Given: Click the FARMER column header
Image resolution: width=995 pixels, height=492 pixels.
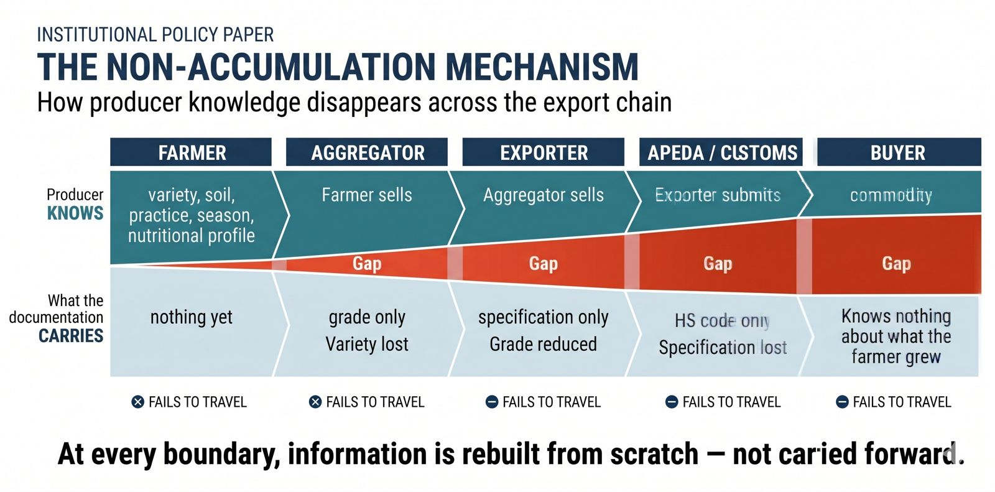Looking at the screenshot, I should click(x=192, y=152).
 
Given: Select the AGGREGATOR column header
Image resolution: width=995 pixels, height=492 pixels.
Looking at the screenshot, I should click(x=368, y=152).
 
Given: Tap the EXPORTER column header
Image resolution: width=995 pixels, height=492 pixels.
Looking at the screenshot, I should click(x=544, y=152).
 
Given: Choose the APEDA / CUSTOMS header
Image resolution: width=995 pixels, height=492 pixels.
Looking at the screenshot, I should click(x=722, y=152).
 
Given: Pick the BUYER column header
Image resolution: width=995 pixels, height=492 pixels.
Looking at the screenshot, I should click(x=897, y=152).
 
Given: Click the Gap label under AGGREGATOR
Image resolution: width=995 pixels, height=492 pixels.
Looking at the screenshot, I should click(x=367, y=263).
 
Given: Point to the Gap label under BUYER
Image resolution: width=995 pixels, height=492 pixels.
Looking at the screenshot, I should click(x=896, y=263).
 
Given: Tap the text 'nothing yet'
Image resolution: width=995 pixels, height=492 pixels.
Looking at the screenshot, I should click(x=191, y=317).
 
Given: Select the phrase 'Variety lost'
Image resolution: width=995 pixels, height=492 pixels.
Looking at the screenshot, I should click(x=367, y=344).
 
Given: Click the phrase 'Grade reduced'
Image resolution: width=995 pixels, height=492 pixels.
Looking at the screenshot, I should click(x=543, y=344).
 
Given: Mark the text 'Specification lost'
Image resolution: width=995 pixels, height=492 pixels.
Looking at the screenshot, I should click(x=723, y=347).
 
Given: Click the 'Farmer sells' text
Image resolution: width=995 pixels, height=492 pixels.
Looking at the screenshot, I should click(x=367, y=195).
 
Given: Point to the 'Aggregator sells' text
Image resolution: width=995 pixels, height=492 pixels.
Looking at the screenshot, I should click(x=543, y=195).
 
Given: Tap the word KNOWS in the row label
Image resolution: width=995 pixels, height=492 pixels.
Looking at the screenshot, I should click(x=75, y=213).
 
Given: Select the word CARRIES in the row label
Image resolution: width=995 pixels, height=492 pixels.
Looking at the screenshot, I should click(x=71, y=336).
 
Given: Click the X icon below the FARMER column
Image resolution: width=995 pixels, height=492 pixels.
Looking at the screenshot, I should click(x=138, y=402).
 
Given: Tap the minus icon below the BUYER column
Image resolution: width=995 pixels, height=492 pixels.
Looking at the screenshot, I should click(x=842, y=402).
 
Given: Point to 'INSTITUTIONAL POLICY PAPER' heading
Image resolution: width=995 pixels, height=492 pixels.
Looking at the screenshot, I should click(x=155, y=35).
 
